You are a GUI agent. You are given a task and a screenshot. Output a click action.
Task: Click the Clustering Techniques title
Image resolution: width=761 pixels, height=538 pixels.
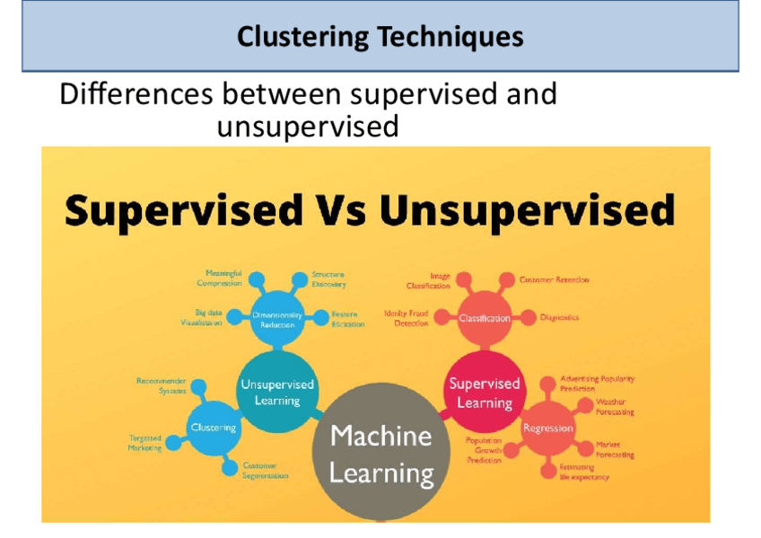coord(380,37)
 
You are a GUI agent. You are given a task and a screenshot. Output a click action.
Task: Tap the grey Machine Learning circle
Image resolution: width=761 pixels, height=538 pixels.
coord(381,454)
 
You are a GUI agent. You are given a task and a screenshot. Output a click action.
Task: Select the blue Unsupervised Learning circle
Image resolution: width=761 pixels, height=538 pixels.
coord(277,392)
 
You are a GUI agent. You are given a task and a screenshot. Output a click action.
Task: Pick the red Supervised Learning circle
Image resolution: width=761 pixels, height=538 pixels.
coord(485,392)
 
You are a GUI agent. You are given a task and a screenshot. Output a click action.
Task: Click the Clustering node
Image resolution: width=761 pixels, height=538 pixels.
coord(214,428)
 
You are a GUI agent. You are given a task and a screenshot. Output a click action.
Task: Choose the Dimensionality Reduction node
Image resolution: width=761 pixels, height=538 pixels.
coord(277,320)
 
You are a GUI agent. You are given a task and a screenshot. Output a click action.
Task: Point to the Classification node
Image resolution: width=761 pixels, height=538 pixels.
coord(485,318)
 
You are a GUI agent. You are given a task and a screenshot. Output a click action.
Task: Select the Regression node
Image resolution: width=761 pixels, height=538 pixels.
coord(547,428)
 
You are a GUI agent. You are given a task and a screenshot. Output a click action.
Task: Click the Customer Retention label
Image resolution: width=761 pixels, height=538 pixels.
coord(555,280)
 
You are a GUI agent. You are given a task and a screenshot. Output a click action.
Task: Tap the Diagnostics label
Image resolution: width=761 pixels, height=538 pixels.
coord(559,317)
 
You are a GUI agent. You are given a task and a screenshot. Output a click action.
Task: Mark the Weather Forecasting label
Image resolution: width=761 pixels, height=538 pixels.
coord(615,407)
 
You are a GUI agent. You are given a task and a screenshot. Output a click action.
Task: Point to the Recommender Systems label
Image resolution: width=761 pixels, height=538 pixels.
coord(162,385)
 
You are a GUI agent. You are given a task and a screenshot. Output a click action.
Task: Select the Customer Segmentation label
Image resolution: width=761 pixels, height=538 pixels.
coord(266,471)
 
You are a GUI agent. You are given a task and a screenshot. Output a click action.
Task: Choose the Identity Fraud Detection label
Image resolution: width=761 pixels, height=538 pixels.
coord(407,318)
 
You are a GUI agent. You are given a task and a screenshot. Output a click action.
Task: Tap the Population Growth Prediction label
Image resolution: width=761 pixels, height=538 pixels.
coord(484,450)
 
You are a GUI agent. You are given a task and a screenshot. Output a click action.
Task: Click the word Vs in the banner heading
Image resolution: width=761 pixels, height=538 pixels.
coord(340,211)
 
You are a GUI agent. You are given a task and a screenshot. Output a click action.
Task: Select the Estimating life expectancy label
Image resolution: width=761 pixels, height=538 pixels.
coord(584,472)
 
